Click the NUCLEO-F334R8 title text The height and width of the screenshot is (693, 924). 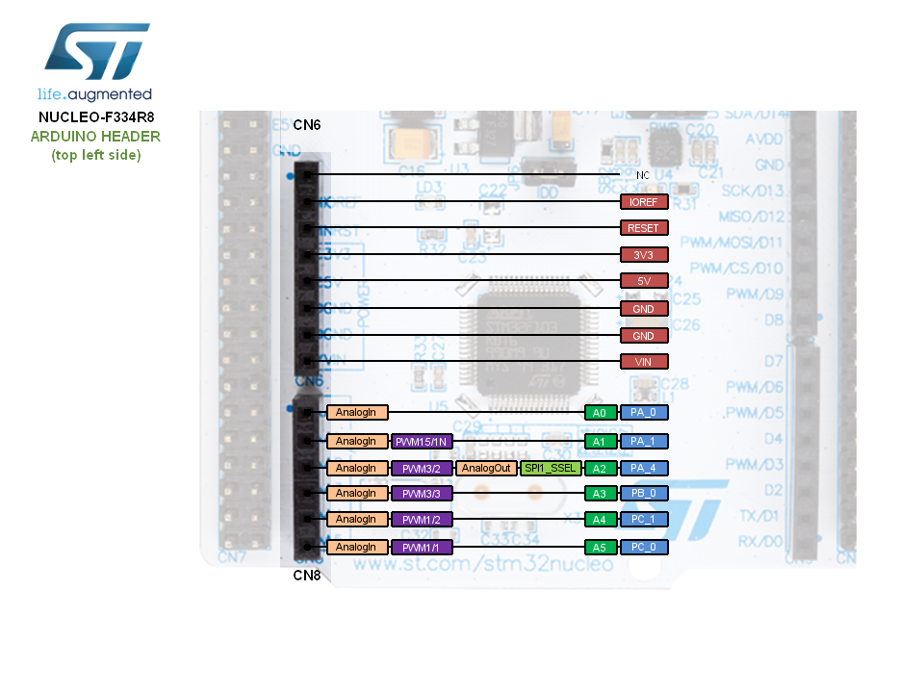[95, 117]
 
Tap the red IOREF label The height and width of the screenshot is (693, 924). [644, 202]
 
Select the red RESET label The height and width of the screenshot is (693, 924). [644, 228]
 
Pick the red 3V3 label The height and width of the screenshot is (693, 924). [644, 255]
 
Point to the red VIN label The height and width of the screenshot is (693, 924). [644, 362]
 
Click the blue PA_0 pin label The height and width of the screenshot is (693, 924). [644, 412]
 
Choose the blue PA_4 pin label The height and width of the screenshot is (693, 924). [644, 468]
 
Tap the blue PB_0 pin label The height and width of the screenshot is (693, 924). [644, 494]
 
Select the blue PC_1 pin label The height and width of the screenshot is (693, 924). [644, 520]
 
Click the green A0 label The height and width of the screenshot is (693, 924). [600, 412]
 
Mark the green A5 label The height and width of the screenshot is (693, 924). [600, 547]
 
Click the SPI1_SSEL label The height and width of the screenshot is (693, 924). [551, 468]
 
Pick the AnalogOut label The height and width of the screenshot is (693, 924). [486, 468]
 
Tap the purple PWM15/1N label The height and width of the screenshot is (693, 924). [422, 441]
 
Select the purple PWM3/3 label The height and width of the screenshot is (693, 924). [422, 494]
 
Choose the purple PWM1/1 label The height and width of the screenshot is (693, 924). [422, 547]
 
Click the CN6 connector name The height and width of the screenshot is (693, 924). [307, 125]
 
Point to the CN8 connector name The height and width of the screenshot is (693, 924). [307, 576]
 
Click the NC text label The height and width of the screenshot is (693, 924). [644, 175]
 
